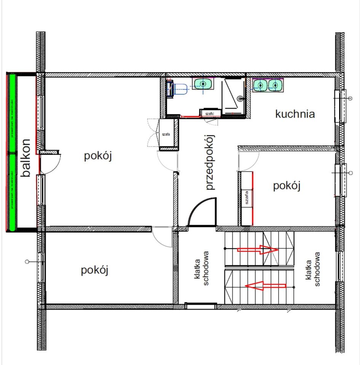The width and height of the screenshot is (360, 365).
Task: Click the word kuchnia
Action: point(295,114)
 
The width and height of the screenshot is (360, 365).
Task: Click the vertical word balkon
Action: point(25,158)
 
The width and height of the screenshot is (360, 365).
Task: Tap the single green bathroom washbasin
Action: point(204,83)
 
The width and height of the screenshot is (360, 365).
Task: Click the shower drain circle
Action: point(239,98)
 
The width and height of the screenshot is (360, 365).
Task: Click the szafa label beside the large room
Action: point(166,134)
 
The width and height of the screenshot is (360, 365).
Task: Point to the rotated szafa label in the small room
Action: point(247,197)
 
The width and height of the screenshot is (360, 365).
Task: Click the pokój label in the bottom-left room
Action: point(95,270)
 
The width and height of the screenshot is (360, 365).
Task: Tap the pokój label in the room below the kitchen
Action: point(287,186)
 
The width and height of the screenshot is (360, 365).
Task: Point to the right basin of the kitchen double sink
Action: point(275,85)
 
